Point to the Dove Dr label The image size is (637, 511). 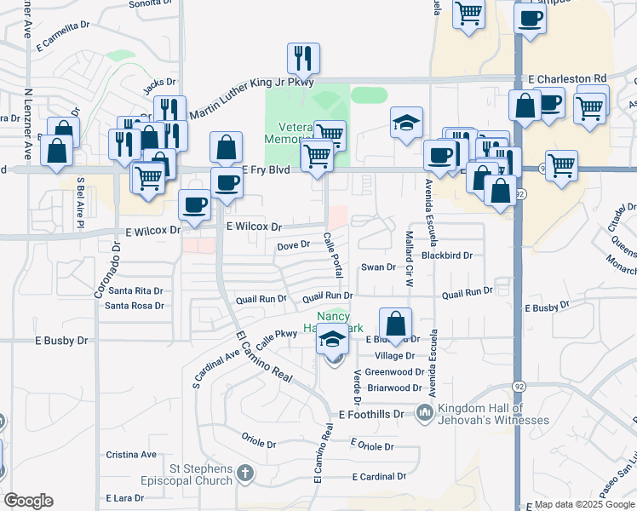292,246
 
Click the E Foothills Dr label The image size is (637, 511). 375,415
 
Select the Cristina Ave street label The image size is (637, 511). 131,455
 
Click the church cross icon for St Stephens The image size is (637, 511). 245,472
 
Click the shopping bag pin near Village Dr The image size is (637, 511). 395,324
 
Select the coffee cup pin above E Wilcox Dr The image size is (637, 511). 194,205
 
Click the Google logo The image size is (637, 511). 28,501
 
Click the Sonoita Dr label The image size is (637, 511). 151,3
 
